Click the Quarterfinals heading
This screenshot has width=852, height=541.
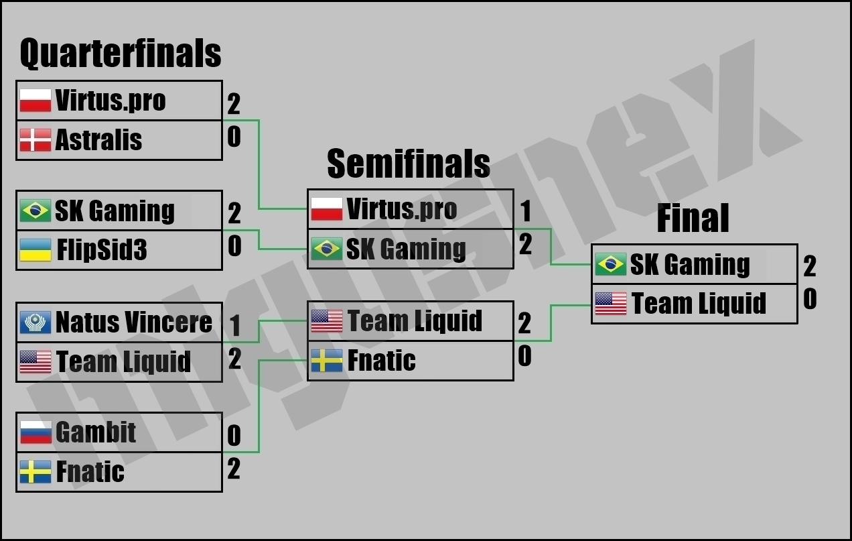click(x=121, y=54)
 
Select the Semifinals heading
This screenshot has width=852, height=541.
click(x=409, y=164)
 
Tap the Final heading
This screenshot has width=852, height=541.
click(x=693, y=219)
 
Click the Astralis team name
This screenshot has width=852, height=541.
click(x=98, y=140)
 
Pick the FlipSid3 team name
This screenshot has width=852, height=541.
click(x=102, y=251)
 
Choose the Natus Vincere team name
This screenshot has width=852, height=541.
click(x=134, y=322)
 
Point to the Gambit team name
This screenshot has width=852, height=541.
click(x=96, y=432)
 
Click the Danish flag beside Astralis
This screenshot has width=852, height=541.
click(x=35, y=140)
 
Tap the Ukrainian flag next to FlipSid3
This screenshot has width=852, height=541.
click(x=35, y=250)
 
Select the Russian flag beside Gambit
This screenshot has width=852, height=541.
click(x=35, y=432)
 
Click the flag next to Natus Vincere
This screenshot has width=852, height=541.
click(x=35, y=322)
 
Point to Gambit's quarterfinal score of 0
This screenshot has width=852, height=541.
click(x=234, y=436)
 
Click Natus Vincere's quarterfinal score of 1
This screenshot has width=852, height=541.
click(x=234, y=326)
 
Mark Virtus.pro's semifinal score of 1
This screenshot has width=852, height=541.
click(x=526, y=212)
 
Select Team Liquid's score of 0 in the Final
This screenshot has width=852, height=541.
click(x=810, y=300)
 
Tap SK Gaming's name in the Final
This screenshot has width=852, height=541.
click(x=690, y=265)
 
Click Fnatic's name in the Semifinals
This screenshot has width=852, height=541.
click(x=381, y=361)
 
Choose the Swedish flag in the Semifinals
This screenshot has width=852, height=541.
click(x=327, y=362)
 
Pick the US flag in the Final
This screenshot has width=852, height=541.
click(x=611, y=304)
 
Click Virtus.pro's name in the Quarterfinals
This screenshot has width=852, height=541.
click(x=111, y=101)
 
